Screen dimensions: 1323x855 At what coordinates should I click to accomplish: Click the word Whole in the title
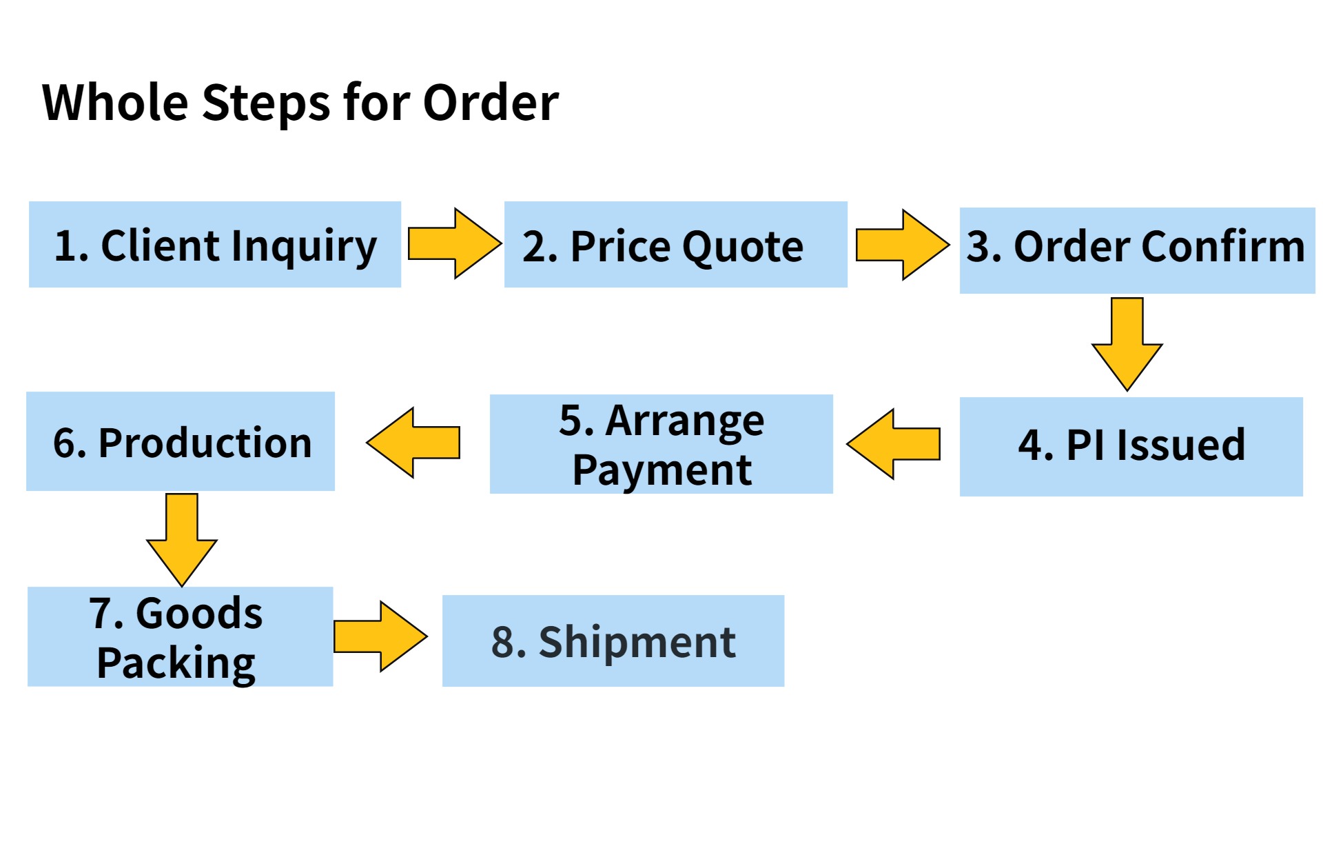pos(115,102)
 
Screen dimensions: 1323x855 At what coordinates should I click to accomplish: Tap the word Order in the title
pos(491,102)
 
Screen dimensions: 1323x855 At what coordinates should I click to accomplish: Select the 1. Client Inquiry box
pos(215,244)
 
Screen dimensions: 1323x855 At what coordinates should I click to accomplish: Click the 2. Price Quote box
pos(676,244)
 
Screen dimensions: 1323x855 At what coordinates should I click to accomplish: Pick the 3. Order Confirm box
pos(1137,250)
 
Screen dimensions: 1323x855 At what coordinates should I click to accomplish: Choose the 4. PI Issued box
pos(1131,446)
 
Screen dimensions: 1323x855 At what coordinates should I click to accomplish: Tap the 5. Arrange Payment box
pos(661,444)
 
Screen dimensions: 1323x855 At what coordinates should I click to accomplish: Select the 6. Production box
pos(181,441)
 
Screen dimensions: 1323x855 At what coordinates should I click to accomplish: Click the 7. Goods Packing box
pos(181,636)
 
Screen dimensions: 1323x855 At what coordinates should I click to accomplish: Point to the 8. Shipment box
pos(613,641)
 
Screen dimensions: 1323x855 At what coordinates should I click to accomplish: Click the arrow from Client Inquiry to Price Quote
pos(455,243)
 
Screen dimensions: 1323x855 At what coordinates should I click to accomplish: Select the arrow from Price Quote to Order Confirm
pos(903,245)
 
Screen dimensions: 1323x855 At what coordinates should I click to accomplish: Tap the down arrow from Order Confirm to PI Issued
pos(1127,344)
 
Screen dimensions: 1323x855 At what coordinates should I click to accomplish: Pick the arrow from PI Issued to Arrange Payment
pos(894,443)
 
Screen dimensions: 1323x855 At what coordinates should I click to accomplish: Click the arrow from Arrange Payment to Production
pos(413,442)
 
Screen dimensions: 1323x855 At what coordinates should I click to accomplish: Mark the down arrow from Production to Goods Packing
pos(182,540)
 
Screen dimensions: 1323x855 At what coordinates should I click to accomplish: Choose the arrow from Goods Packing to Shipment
pos(380,636)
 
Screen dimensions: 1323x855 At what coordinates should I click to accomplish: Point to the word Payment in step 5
pos(662,470)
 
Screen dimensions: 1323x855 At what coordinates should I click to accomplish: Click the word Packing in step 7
pos(176,663)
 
